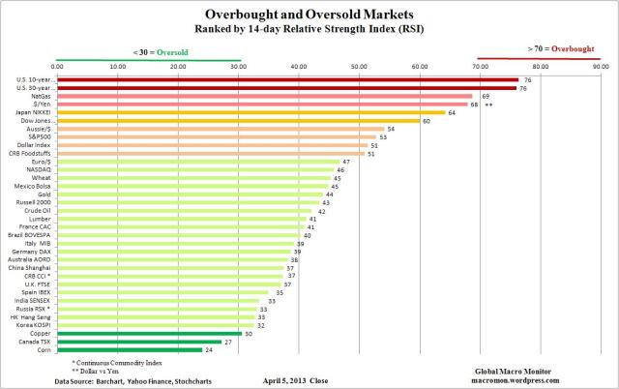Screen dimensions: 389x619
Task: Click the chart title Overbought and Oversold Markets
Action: (309, 15)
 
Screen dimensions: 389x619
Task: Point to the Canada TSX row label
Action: (36, 342)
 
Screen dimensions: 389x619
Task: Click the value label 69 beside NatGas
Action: (486, 96)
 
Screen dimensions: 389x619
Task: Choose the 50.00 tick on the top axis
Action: (359, 66)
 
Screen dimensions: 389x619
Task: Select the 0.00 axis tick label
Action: (57, 66)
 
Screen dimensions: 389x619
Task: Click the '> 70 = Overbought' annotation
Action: (562, 48)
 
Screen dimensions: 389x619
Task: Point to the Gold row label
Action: (44, 194)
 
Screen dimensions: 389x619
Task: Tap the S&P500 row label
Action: (40, 136)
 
